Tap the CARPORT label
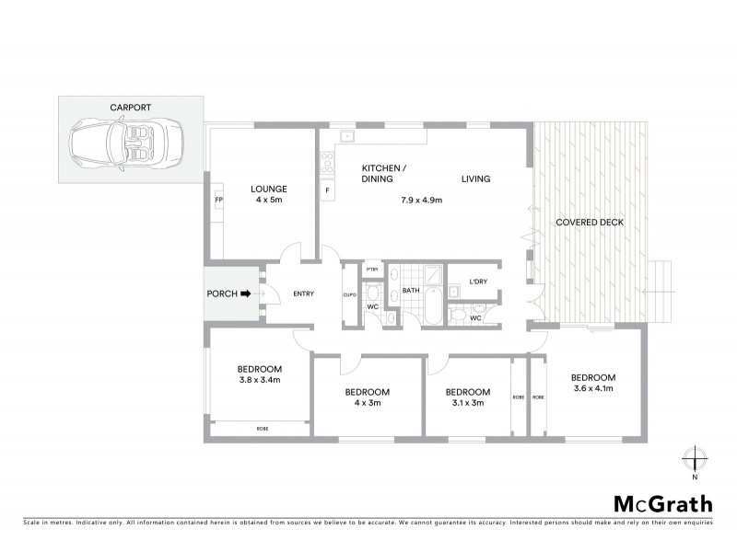coord(131,108)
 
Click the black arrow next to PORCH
coord(246,294)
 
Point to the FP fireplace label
coord(218,199)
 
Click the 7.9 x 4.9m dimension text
coord(421,200)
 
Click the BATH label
coord(411,291)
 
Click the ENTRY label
coord(303,294)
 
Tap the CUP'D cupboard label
coord(349,295)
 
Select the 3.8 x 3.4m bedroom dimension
coord(260,379)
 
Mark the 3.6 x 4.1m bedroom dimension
coord(592,389)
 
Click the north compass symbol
coord(696,457)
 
